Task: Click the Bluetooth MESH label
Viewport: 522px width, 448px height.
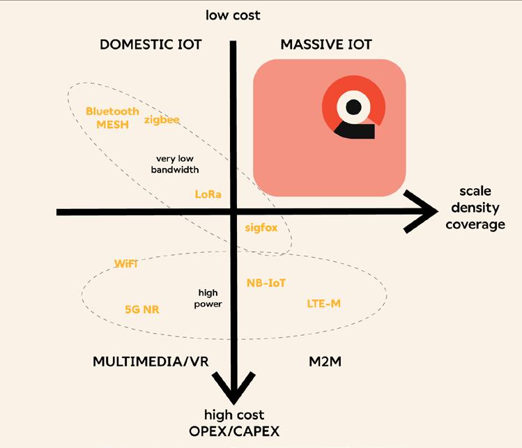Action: [x=112, y=117]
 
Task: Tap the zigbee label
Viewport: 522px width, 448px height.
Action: [x=162, y=120]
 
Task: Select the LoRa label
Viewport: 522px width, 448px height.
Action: [x=208, y=194]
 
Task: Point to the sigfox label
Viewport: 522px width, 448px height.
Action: [x=261, y=228]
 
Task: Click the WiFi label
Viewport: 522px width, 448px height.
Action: [x=125, y=263]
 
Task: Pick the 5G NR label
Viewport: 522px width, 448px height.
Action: [x=141, y=309]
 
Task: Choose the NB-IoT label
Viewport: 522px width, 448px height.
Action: [x=266, y=283]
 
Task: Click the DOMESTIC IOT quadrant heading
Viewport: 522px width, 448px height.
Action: [x=151, y=45]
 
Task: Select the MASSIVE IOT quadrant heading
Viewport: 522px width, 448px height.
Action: [x=326, y=45]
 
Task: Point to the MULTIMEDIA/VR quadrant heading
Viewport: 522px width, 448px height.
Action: [x=151, y=362]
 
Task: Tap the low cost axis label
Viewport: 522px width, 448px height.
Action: [x=233, y=15]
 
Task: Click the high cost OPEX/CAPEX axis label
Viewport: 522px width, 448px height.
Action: [x=234, y=422]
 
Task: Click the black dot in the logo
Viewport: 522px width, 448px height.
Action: [x=354, y=107]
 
